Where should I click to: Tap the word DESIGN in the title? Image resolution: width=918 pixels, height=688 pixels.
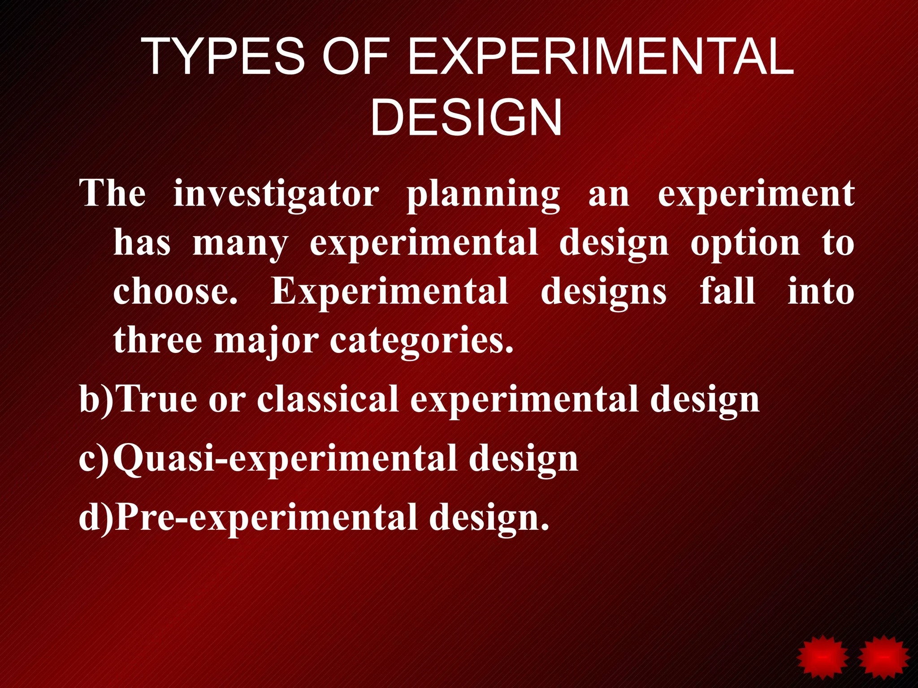point(466,118)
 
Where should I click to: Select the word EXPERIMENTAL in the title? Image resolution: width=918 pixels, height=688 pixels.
point(601,57)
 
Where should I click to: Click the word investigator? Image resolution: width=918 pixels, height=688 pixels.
point(276,194)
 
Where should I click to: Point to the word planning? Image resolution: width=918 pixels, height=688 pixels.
point(483,195)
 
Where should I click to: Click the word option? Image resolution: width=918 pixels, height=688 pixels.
point(745,244)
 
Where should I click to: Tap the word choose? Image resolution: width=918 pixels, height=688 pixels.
point(175,292)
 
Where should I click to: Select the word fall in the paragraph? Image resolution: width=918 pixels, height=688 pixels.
point(727,291)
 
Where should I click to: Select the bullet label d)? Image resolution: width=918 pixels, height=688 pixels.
point(96,517)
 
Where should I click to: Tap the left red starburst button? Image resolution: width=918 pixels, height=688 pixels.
point(822,657)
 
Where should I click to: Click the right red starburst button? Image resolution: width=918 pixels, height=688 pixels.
point(883,657)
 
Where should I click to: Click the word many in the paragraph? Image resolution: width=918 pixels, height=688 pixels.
point(240,244)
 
